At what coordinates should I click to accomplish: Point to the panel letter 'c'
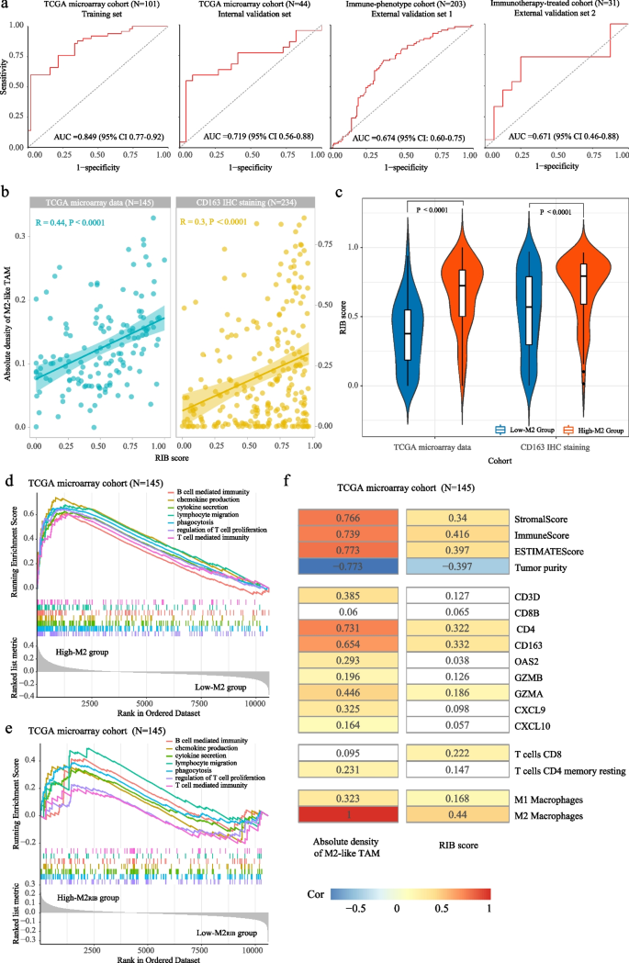tap(341, 193)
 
